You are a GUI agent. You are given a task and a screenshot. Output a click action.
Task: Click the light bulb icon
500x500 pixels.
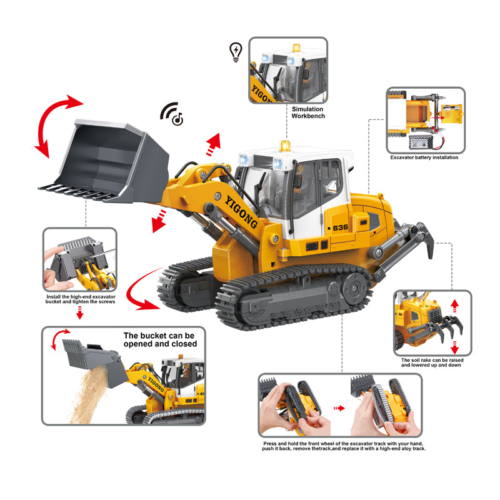[236, 52]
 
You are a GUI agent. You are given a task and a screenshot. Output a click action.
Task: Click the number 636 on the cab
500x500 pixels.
[340, 227]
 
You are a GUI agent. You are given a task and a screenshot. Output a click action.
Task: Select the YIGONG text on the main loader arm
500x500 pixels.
[242, 212]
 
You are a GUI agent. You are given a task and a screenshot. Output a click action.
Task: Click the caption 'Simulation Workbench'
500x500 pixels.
[308, 112]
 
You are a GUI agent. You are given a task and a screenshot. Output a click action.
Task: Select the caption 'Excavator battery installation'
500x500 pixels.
[424, 157]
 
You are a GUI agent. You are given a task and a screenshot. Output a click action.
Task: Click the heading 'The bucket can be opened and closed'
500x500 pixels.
[160, 339]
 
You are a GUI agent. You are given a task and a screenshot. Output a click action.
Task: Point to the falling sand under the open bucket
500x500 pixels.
[87, 395]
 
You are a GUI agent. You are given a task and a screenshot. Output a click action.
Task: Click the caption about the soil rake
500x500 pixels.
[432, 362]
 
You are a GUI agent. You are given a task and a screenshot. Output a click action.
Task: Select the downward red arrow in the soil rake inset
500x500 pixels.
[455, 347]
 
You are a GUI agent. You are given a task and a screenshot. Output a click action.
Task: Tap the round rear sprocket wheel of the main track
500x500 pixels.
[355, 288]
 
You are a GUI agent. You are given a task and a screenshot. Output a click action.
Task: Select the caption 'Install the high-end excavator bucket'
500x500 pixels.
[81, 299]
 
